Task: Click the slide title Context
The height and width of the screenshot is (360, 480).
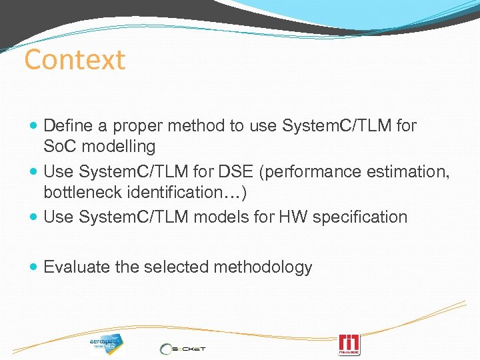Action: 75,60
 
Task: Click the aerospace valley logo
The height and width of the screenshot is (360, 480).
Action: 107,343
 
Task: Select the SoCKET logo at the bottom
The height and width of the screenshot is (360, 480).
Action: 183,348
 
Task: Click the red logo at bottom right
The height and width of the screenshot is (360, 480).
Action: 349,344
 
